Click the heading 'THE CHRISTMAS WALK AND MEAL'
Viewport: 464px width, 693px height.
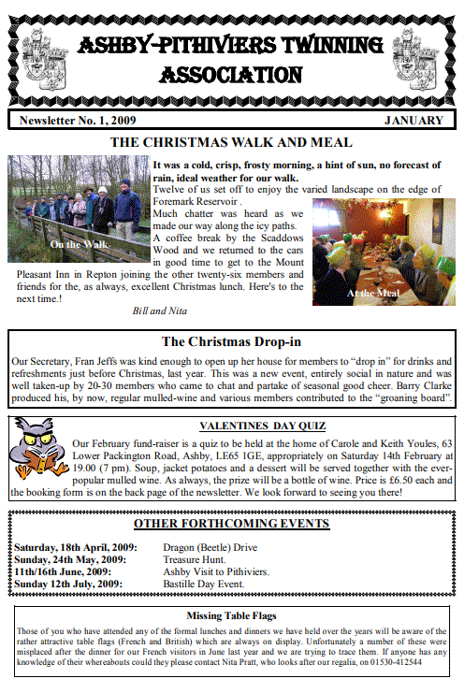[x=231, y=142]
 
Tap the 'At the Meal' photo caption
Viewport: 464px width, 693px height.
[x=373, y=293]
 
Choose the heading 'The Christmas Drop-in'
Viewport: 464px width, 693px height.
[x=231, y=342]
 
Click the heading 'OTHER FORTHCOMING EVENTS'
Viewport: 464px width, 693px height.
[x=231, y=524]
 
